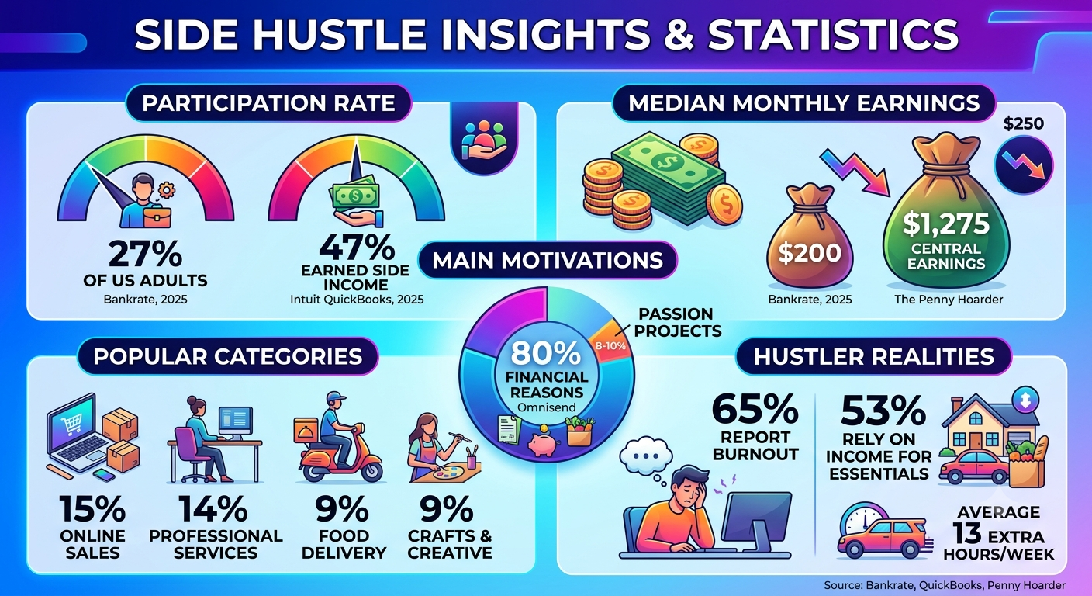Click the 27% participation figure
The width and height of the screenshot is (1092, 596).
[x=145, y=254]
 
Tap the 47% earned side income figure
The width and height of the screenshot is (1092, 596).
[x=357, y=247]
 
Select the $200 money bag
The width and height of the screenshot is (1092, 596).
[x=809, y=236]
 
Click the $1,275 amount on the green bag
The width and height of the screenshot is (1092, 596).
[x=945, y=223]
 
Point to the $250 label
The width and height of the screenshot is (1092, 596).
[x=1024, y=123]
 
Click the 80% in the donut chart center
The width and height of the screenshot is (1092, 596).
[x=546, y=352]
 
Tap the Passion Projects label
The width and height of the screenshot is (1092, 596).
[x=678, y=322]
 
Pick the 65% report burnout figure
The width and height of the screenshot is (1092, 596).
[x=755, y=410]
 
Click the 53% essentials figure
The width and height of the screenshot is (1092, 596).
[x=883, y=411]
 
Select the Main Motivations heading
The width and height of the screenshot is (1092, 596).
[x=548, y=260]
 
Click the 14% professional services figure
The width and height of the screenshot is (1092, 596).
[x=213, y=509]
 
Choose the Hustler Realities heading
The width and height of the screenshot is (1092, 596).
[x=873, y=356]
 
